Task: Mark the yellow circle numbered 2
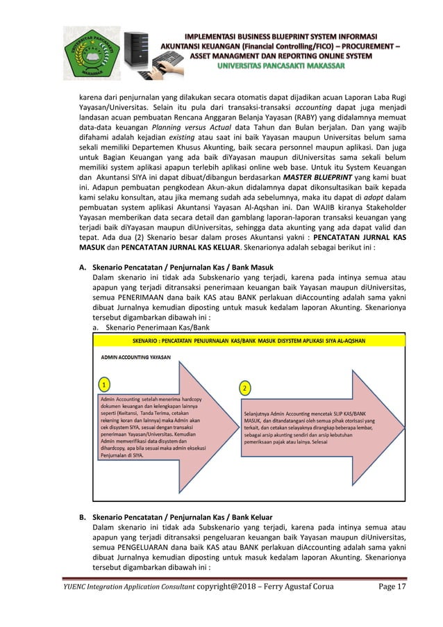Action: pyautogui.click(x=244, y=386)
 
